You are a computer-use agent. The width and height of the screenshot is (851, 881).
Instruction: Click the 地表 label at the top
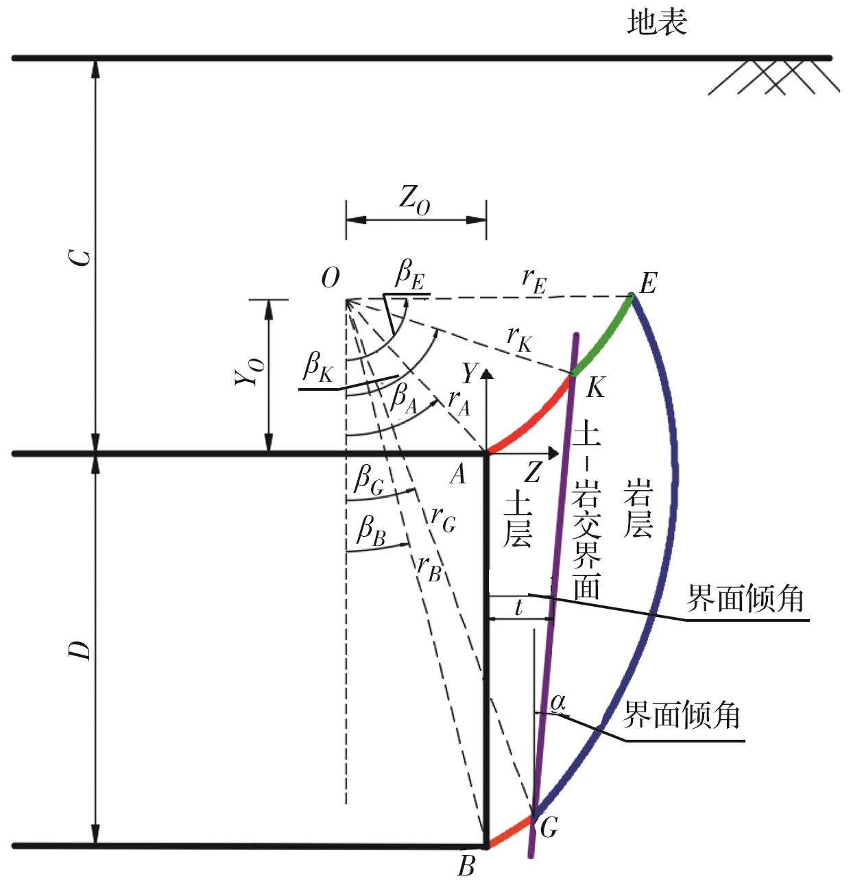coord(657,23)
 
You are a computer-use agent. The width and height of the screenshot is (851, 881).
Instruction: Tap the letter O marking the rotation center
coord(330,278)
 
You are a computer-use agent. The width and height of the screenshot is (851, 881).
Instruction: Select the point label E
coord(647,284)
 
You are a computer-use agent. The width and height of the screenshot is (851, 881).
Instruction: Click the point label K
coord(596,387)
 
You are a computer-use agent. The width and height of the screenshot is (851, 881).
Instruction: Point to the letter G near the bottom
coord(549,827)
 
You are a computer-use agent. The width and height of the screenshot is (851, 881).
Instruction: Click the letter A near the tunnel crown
coord(457,474)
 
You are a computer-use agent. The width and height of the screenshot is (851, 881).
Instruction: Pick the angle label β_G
coord(369,479)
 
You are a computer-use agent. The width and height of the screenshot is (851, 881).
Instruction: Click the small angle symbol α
coord(558,703)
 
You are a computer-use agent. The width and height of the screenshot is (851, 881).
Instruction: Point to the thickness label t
coord(519,607)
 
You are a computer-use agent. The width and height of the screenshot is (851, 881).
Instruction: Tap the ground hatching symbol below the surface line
coord(774,77)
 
